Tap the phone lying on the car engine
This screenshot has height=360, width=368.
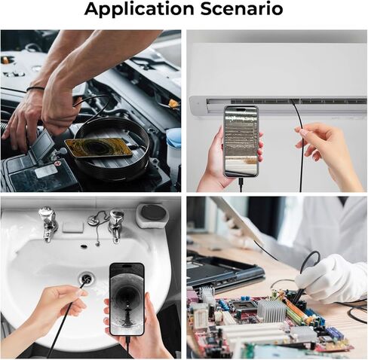pyautogui.click(x=98, y=146)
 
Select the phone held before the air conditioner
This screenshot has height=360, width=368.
pyautogui.click(x=241, y=140)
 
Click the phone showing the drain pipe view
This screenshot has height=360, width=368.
pyautogui.click(x=126, y=299)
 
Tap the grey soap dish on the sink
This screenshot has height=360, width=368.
pyautogui.click(x=153, y=215)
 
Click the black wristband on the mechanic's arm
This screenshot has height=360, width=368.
pyautogui.click(x=35, y=89)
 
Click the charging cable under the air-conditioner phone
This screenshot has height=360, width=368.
pyautogui.click(x=241, y=185)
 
